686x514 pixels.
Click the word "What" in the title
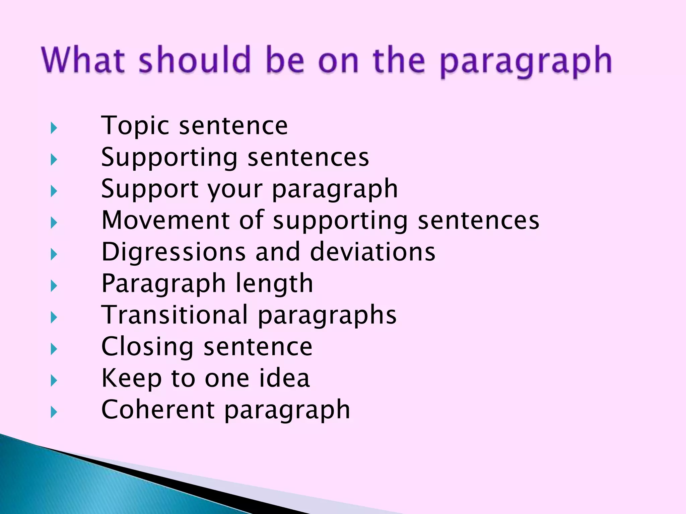tap(84, 60)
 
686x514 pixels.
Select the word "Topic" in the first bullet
tap(135, 126)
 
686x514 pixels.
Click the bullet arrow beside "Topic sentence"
tap(54, 128)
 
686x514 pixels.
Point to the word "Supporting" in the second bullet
tap(169, 158)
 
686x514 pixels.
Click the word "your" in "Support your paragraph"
tap(235, 189)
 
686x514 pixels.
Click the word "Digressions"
tap(174, 252)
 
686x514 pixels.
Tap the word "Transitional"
tap(175, 315)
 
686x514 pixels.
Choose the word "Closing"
tap(147, 347)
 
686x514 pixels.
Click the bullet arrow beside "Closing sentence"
tap(54, 349)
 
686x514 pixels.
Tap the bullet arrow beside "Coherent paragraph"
tap(54, 412)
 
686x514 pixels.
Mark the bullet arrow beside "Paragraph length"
tap(54, 286)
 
